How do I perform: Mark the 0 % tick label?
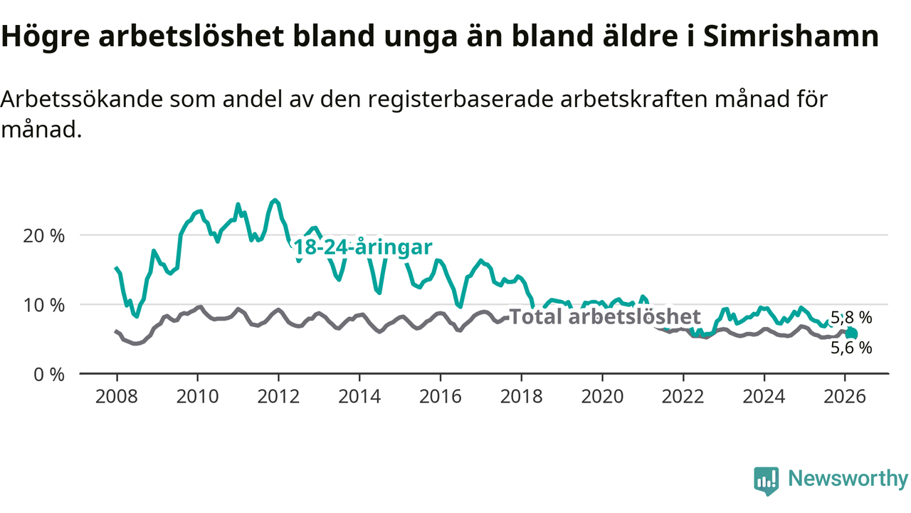tap(50, 373)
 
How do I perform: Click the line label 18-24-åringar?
tap(363, 248)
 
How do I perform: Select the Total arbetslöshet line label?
tap(606, 317)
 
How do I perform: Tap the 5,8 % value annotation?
tap(851, 318)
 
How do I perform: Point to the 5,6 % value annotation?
tap(851, 348)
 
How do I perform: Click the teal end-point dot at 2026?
tap(851, 333)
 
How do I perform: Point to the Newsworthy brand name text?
tap(848, 479)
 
